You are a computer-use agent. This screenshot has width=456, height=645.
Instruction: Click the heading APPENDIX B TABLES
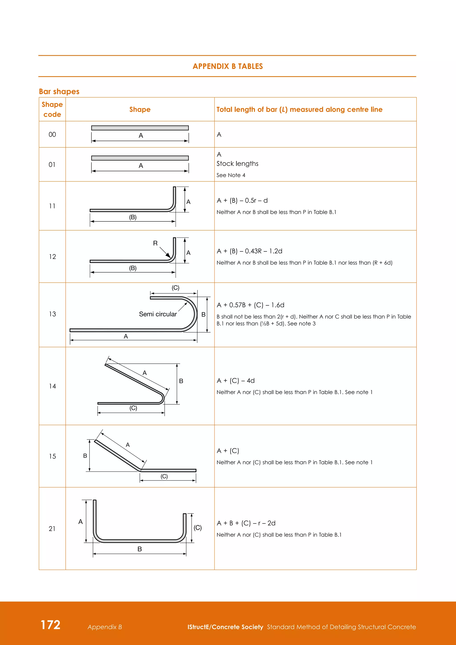tap(228, 66)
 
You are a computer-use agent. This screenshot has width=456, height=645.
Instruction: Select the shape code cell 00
tap(52, 135)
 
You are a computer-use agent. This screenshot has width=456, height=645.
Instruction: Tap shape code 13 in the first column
tap(53, 314)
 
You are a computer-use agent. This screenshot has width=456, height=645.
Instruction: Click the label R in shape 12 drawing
tap(155, 243)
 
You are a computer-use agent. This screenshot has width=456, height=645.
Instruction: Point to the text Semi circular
tap(158, 314)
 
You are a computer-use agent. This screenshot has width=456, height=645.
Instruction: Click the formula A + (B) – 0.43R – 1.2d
tap(249, 251)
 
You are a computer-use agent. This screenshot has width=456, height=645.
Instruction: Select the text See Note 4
tap(231, 175)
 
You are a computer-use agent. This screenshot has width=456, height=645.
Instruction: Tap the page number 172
tap(51, 625)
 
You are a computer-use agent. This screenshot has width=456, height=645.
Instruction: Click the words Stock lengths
tap(237, 163)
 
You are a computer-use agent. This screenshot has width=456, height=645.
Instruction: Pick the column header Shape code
tap(52, 109)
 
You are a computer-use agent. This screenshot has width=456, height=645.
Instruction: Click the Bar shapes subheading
tap(59, 92)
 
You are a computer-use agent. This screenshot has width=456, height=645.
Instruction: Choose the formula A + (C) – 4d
tap(236, 381)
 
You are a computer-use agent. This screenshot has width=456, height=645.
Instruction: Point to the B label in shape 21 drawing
tap(140, 549)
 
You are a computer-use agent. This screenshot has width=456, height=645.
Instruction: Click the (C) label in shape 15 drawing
tap(164, 476)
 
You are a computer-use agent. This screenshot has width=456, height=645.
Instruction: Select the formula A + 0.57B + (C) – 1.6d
tap(250, 305)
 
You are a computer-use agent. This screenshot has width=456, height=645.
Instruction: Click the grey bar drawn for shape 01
tap(140, 158)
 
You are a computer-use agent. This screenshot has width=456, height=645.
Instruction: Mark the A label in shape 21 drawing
tap(81, 522)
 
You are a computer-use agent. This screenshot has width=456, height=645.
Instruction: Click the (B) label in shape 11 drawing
tap(133, 217)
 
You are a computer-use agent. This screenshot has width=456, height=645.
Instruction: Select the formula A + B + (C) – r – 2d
tap(246, 523)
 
